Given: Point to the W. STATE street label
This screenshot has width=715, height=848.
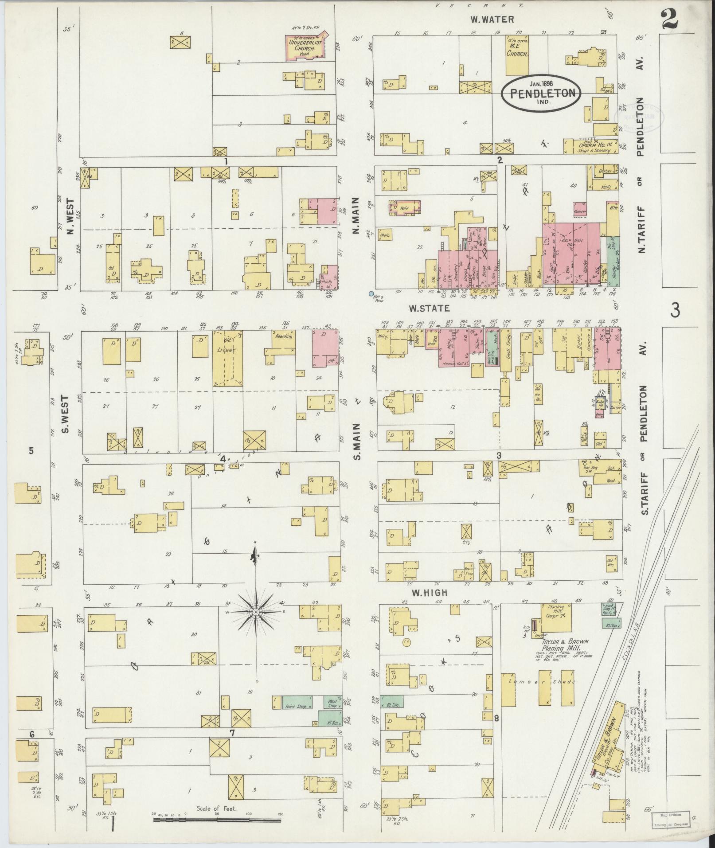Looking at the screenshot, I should coord(423,308).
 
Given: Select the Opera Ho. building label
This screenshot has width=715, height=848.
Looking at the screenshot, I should coord(594,145).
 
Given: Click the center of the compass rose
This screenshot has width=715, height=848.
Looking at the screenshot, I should coord(256,612).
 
